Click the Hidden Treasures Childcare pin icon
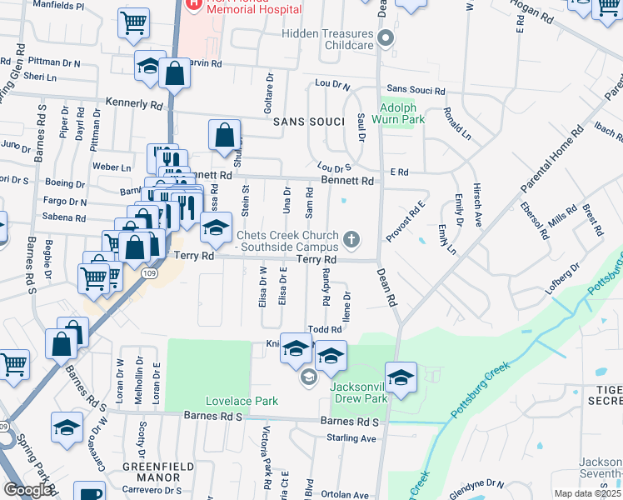tap(385, 38)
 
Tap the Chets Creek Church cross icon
tap(351, 241)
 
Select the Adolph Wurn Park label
tap(402, 113)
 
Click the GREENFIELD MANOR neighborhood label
tap(152, 472)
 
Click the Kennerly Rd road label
tap(133, 104)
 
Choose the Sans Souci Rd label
tap(416, 90)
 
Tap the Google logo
tap(27, 490)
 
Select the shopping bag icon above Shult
tap(225, 136)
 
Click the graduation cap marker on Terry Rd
tap(216, 227)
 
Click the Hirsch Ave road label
tap(478, 204)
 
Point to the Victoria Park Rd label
tap(267, 457)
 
